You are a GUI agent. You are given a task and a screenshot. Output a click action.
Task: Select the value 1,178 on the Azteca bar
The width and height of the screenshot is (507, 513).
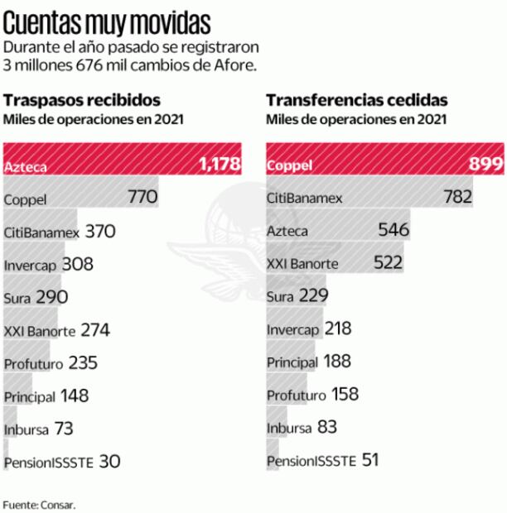point(219,165)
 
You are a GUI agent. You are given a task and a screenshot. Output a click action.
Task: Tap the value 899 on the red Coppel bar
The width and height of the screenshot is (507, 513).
point(486,165)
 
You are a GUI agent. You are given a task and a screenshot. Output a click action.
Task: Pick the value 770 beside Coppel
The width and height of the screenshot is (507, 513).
point(142,198)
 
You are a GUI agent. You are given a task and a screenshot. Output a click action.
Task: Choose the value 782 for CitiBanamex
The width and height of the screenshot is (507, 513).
point(456,198)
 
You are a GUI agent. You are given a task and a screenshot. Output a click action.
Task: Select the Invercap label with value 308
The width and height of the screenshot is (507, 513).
point(30,266)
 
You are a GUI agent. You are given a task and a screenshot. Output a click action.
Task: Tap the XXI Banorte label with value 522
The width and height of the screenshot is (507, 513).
point(302,264)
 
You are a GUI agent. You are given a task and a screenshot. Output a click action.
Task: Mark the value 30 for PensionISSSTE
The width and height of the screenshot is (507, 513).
point(109,461)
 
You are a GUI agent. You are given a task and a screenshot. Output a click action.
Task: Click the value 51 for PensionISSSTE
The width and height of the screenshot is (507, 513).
point(369,460)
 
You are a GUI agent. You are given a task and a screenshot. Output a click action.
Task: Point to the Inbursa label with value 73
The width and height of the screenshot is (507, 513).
point(27,429)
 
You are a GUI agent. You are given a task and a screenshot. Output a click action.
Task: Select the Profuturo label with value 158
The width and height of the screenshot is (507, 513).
point(296,396)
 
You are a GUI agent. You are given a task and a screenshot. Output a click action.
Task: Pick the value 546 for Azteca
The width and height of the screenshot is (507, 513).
point(394,231)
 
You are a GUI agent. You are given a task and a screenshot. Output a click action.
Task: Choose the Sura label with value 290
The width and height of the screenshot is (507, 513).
point(17,298)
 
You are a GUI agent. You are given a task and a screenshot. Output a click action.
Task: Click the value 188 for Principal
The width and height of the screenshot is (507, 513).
point(336,362)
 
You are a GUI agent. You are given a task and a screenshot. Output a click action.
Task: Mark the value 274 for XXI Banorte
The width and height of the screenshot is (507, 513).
point(95,330)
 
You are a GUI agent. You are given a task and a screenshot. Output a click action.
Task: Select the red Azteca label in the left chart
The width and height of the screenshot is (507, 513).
point(25,166)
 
